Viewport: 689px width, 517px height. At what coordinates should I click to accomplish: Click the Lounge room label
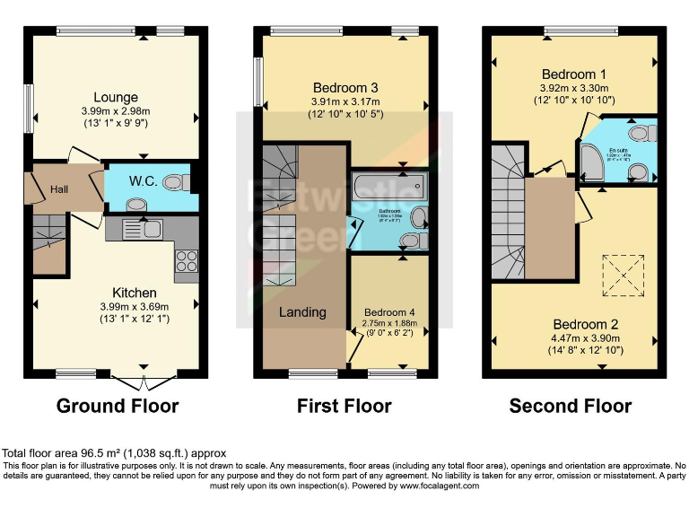116,97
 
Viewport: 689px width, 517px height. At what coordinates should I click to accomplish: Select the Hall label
59,188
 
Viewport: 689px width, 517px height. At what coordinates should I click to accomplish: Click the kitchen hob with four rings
186,260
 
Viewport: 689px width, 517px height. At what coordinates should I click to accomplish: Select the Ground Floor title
118,406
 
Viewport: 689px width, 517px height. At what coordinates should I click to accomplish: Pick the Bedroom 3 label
345,88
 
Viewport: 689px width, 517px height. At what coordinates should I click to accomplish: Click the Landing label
302,311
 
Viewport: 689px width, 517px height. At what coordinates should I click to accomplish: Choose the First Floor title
344,406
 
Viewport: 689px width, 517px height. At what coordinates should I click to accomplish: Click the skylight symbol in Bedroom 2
626,275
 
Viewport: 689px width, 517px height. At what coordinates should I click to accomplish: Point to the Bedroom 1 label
573,74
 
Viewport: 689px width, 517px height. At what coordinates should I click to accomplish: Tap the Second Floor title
571,406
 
